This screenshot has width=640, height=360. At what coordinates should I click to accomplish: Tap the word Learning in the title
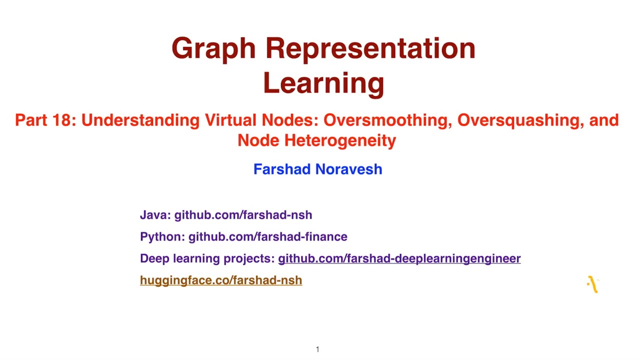point(323,83)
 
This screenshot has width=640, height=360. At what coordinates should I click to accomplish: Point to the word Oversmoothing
point(387,120)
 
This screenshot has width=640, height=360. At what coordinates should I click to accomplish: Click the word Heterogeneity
point(340,140)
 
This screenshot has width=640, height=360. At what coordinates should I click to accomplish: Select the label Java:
point(155,215)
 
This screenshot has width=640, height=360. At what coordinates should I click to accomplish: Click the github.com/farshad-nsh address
point(243,215)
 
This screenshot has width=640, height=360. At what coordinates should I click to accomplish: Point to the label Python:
point(162,236)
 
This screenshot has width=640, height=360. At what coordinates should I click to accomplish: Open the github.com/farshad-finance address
point(267,236)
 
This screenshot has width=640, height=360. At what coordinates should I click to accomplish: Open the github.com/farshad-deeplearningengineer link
point(399,258)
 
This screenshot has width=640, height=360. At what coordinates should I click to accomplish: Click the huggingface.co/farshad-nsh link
point(221,280)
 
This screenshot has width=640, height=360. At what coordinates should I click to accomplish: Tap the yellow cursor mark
point(592,284)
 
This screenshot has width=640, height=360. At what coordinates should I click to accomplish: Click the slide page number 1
point(317,349)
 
